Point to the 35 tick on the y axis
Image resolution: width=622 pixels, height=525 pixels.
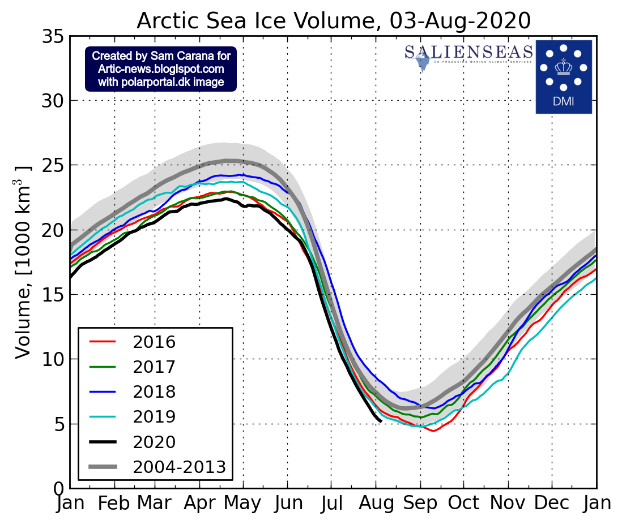point(54,37)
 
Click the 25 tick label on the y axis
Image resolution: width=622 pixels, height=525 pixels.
point(54,166)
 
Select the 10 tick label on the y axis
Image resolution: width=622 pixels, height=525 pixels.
point(54,359)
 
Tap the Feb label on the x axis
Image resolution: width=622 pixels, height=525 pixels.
point(114,504)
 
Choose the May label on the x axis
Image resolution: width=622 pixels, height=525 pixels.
point(244,504)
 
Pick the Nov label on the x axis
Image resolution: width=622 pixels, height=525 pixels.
point(508,504)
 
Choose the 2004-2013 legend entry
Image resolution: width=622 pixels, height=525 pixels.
point(179,467)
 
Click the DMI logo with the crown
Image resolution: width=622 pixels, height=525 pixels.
point(563,76)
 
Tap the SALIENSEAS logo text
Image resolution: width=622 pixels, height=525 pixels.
point(468,53)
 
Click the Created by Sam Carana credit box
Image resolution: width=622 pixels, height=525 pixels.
point(161,69)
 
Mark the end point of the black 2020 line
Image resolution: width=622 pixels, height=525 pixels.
point(380,421)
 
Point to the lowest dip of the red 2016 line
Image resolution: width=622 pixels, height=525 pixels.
point(433,431)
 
